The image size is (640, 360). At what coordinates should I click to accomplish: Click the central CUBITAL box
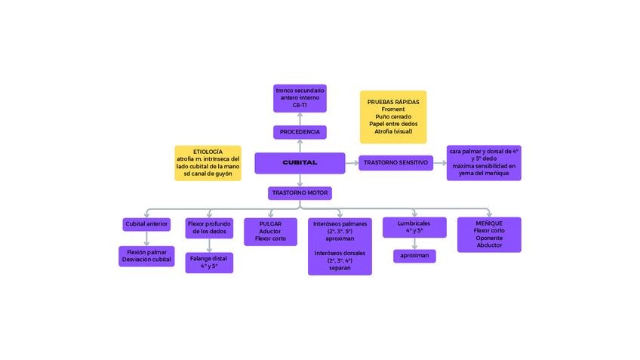300,163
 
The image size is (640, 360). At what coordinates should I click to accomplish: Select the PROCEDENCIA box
300,132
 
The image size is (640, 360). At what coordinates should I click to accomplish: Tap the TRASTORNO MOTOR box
300,193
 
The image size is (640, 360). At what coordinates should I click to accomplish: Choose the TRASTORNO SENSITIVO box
395,163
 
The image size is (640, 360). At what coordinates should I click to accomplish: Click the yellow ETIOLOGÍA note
208,163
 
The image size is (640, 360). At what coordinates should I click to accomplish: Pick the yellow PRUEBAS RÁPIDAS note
393,117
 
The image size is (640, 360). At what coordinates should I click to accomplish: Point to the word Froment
393,109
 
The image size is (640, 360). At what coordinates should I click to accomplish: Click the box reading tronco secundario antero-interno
300,98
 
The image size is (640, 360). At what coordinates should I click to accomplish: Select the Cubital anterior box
146,224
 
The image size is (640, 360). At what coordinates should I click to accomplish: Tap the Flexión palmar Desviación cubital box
146,256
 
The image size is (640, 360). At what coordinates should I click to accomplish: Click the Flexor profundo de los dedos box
209,228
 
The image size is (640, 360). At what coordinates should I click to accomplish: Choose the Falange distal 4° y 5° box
209,263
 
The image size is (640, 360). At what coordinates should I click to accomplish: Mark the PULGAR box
270,232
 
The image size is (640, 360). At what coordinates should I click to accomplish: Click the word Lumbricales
414,223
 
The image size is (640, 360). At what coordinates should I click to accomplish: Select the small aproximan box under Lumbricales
414,256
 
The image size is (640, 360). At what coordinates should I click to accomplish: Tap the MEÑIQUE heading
489,223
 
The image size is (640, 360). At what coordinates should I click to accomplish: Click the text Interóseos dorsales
340,253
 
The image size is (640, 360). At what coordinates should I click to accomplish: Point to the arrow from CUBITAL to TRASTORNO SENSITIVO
352,163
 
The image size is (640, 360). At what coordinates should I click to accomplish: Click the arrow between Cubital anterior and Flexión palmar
146,238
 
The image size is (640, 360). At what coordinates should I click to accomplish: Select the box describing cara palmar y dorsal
484,163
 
